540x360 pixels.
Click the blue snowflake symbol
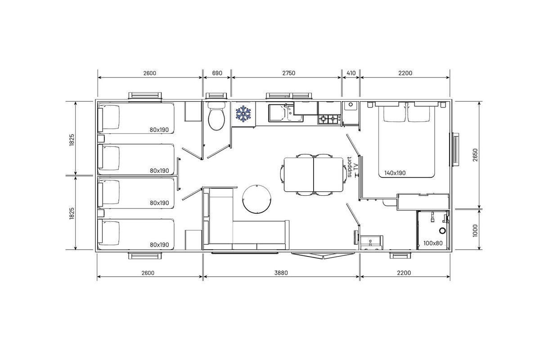(243, 113)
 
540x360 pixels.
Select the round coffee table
(257, 199)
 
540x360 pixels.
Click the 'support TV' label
(352, 167)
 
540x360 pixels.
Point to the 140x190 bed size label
(395, 173)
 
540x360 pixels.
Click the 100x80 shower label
(433, 243)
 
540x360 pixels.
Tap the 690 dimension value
(217, 73)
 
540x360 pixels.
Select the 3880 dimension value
(281, 273)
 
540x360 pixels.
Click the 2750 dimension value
(288, 73)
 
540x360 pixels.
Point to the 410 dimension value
(351, 73)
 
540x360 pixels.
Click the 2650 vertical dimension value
(475, 155)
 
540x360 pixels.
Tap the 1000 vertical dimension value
(475, 230)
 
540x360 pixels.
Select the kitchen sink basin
(281, 113)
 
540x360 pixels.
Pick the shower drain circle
(442, 231)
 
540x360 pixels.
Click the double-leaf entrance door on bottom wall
(323, 255)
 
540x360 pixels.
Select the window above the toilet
(216, 96)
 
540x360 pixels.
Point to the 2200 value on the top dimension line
(405, 73)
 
